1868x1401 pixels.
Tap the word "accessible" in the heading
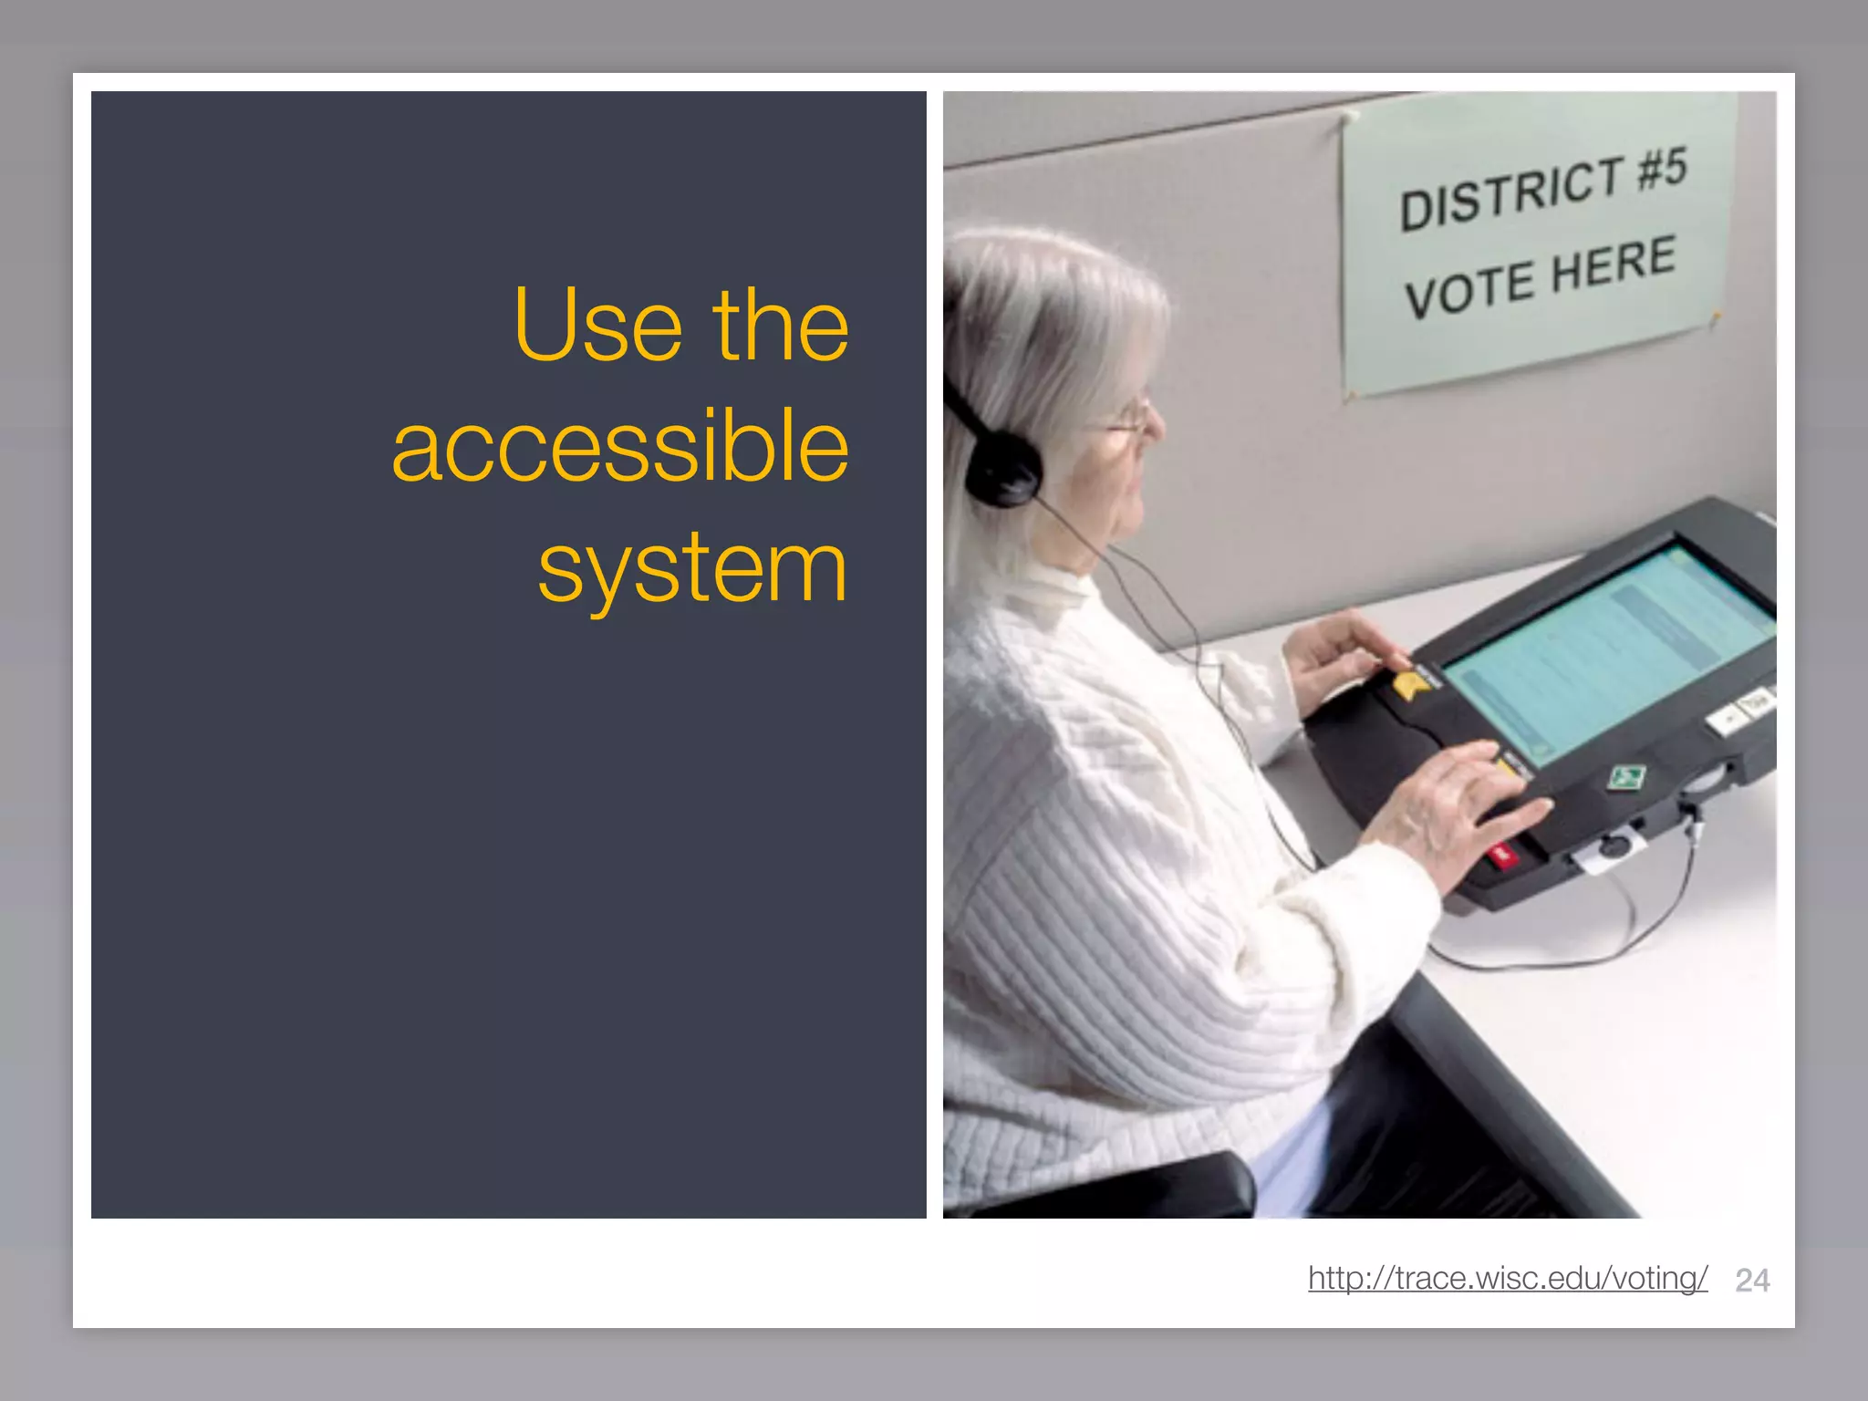620,447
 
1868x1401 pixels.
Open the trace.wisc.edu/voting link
1507,1278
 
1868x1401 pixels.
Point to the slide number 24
1752,1281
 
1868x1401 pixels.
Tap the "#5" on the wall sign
1663,168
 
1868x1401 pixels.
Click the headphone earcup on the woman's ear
1002,471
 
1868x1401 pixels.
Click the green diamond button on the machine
1625,778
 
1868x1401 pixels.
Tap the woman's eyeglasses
1131,425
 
